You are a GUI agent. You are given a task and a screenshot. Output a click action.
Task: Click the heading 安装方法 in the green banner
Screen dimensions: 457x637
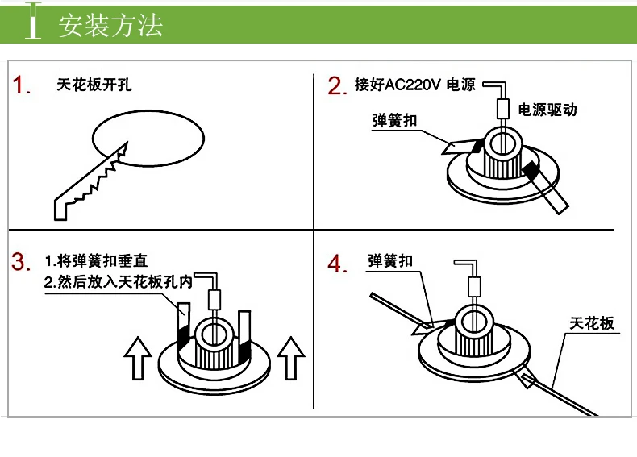pyautogui.click(x=110, y=25)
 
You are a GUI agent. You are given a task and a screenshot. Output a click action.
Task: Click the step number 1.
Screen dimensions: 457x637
pyautogui.click(x=23, y=86)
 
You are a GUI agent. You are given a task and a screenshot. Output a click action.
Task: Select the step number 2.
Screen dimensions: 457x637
pyautogui.click(x=338, y=86)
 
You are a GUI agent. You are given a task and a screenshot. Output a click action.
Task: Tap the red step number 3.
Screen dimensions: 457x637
pyautogui.click(x=22, y=262)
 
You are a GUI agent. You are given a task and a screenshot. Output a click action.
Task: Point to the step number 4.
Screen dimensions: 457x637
pyautogui.click(x=338, y=264)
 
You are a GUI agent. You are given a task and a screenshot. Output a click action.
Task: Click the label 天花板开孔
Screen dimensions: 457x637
pyautogui.click(x=94, y=85)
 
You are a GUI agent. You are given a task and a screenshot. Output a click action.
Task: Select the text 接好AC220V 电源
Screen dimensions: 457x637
pyautogui.click(x=415, y=85)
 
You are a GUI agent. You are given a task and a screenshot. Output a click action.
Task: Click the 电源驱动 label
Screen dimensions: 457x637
pyautogui.click(x=547, y=110)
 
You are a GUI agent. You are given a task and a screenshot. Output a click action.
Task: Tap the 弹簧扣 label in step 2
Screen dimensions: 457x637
pyautogui.click(x=395, y=120)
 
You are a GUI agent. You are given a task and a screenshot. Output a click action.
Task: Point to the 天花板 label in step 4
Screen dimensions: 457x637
pyautogui.click(x=592, y=323)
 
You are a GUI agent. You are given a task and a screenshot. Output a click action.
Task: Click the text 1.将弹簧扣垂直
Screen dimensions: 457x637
pyautogui.click(x=96, y=261)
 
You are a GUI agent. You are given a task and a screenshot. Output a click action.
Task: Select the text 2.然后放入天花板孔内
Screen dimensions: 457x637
pyautogui.click(x=119, y=283)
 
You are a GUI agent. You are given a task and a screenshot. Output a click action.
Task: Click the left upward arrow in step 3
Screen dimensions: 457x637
pyautogui.click(x=138, y=357)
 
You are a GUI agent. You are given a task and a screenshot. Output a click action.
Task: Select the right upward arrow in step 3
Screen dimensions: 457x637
pyautogui.click(x=289, y=357)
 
